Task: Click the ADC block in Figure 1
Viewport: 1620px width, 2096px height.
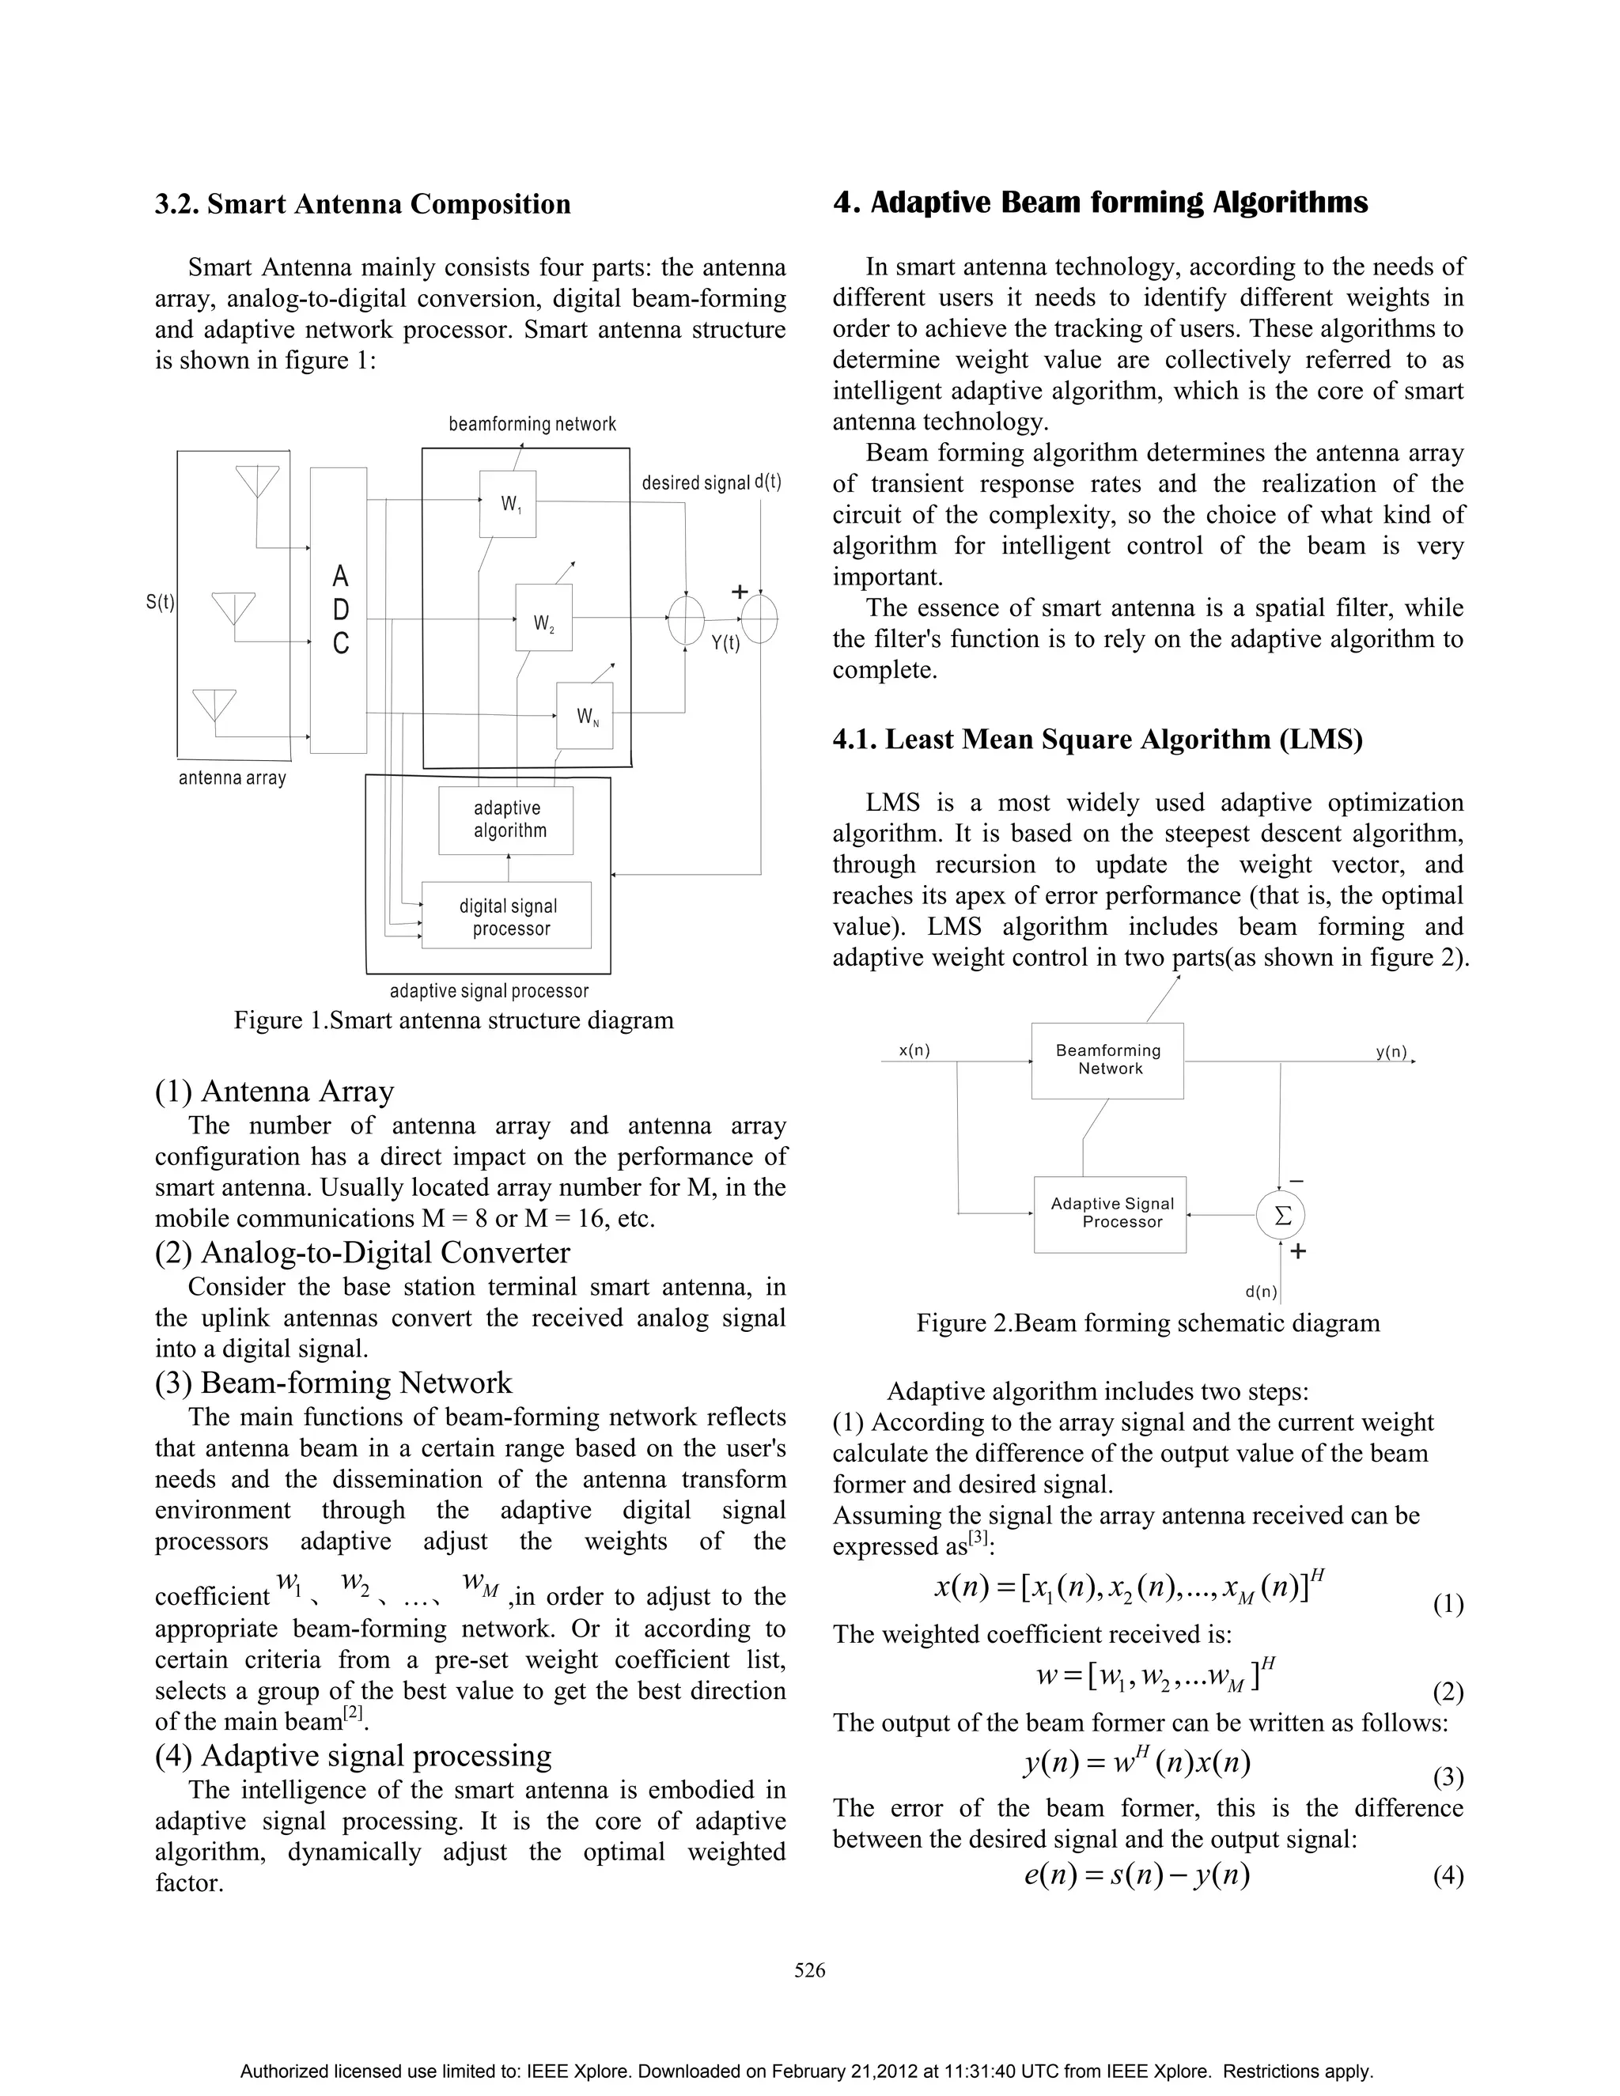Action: click(339, 611)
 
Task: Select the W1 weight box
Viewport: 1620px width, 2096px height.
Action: click(508, 504)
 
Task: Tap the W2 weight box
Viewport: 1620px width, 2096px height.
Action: click(544, 617)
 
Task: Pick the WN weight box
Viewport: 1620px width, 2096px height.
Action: click(585, 716)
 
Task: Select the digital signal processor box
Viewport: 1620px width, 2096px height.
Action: click(507, 916)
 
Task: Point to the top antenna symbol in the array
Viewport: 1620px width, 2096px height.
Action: click(257, 481)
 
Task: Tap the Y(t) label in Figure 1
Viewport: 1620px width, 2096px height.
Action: click(725, 643)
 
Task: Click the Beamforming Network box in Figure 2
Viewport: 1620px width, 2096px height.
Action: click(1107, 1061)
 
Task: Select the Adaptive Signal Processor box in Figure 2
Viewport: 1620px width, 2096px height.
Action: click(1111, 1213)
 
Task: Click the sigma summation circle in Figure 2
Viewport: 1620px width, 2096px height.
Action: click(1281, 1216)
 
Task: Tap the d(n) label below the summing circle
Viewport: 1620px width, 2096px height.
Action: click(1261, 1292)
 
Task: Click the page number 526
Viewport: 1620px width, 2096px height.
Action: click(810, 1970)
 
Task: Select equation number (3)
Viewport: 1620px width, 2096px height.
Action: click(1448, 1778)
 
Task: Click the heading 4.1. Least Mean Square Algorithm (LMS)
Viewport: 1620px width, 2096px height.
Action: click(1097, 739)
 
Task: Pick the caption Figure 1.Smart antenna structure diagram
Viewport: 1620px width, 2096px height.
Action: click(453, 1020)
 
